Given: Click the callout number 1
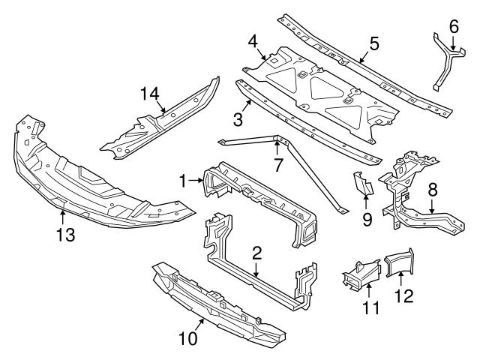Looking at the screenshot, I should (x=181, y=180).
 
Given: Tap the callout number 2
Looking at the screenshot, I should (x=256, y=254).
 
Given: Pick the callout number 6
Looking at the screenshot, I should (x=453, y=26).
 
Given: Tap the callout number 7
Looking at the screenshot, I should (x=277, y=163).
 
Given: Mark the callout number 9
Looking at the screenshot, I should (x=367, y=220).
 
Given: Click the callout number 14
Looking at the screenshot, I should (x=150, y=93).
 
